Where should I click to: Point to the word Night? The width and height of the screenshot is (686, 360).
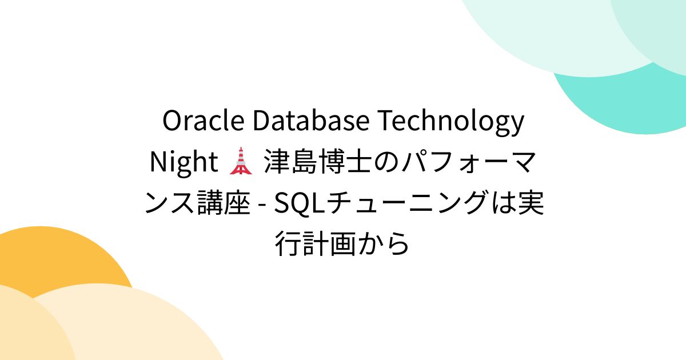(x=182, y=163)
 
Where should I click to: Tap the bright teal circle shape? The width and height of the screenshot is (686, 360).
(x=629, y=109)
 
